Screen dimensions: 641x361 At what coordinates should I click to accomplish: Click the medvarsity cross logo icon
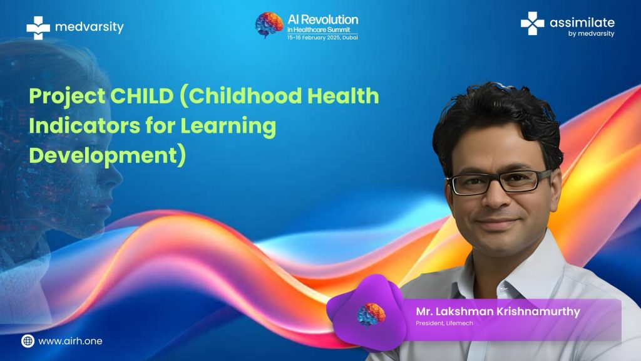coord(38,28)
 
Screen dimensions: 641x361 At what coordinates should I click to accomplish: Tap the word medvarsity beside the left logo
coord(89,27)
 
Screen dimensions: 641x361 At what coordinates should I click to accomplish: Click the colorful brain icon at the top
coord(269,25)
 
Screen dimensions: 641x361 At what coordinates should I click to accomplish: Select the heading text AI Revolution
coord(322,19)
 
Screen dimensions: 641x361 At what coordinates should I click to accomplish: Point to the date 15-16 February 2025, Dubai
coord(322,37)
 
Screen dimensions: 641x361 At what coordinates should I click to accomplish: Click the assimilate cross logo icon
coord(532,23)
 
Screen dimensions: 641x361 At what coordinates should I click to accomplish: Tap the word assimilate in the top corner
coord(582,23)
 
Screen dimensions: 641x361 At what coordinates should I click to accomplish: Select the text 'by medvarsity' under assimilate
coord(591,34)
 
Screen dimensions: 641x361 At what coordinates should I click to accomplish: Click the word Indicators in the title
coord(85,125)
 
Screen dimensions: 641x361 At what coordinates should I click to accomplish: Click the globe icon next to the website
coord(28,341)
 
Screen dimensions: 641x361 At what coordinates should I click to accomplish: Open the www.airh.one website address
coord(70,341)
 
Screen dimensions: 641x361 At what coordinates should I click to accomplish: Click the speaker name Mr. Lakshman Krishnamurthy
coord(498,311)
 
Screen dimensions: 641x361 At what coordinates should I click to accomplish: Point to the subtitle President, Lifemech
coord(444,323)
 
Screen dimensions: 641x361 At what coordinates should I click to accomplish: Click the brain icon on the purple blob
coord(371,315)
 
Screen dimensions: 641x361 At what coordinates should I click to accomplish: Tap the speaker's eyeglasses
coord(500,182)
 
